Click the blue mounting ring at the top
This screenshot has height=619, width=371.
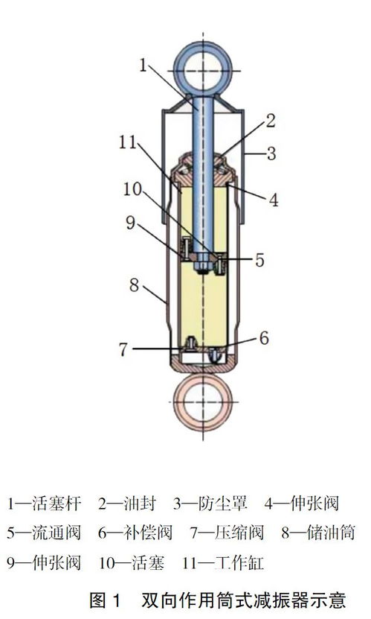click(x=178, y=71)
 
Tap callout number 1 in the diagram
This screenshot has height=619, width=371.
click(x=143, y=65)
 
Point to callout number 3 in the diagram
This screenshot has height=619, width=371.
click(x=271, y=153)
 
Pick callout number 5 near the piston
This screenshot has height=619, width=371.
click(x=259, y=260)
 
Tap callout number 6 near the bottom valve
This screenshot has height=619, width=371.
click(x=264, y=338)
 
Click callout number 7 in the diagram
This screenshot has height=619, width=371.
click(x=123, y=349)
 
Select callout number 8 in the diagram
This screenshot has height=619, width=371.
click(x=135, y=285)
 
